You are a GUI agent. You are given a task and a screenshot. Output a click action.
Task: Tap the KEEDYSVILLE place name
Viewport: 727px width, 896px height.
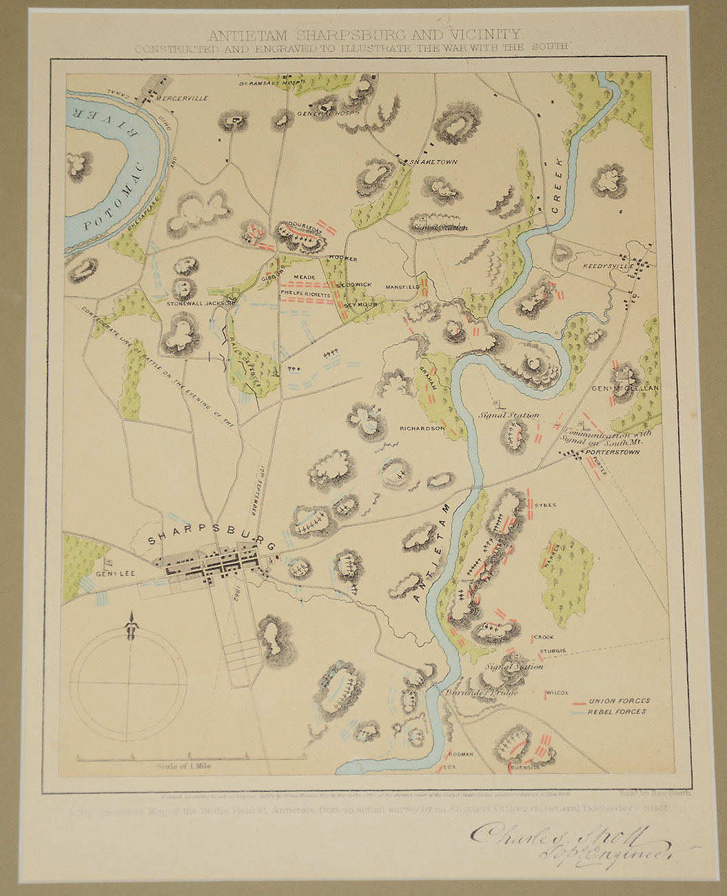coord(606,267)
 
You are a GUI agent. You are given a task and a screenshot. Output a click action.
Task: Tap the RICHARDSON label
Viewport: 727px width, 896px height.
coord(422,428)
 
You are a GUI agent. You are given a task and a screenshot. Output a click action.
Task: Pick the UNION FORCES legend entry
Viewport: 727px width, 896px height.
coord(618,701)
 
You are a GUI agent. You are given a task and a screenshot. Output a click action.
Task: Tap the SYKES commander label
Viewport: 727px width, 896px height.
coord(544,505)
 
